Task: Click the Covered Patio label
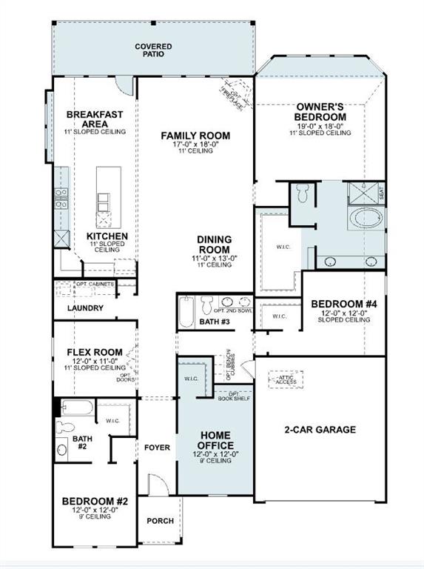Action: point(153,51)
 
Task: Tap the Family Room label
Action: point(195,136)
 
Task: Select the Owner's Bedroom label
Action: point(320,112)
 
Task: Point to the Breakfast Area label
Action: point(95,119)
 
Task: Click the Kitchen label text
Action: point(107,236)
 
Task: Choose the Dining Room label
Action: point(214,244)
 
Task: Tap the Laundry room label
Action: point(85,308)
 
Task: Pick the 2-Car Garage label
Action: point(320,429)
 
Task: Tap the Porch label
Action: point(161,521)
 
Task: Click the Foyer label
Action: point(157,447)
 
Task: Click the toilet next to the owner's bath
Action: point(303,194)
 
